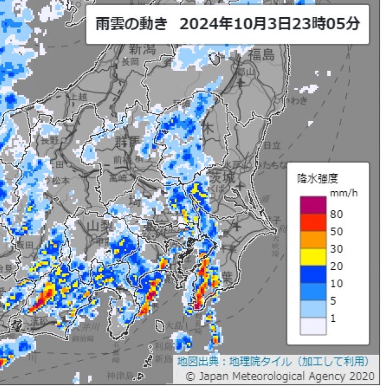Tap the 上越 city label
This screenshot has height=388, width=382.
point(79,97)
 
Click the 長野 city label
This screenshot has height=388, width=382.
point(50,140)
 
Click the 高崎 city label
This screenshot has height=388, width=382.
point(116,178)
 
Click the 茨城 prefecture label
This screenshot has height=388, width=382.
point(222,177)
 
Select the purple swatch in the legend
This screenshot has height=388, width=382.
point(313,205)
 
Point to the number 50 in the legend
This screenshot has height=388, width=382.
point(336,231)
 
